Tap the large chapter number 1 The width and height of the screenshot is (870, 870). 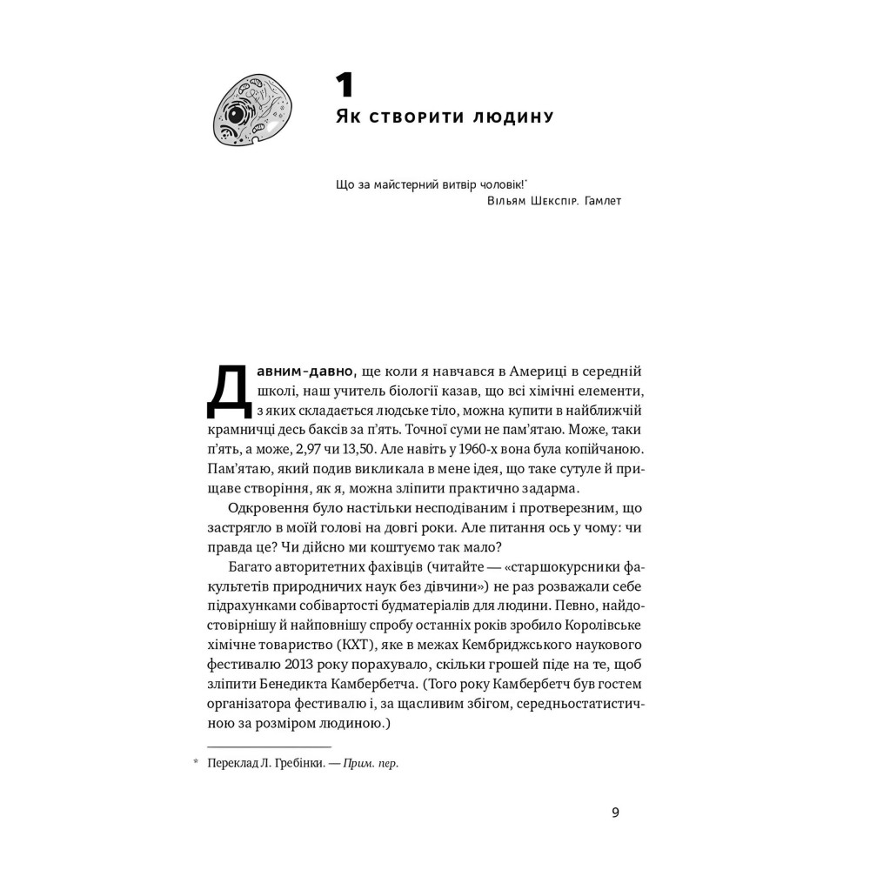(x=345, y=85)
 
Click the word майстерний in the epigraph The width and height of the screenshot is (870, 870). (x=406, y=184)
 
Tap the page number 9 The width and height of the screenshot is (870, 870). (x=615, y=813)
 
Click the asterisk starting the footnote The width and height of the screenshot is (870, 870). (x=196, y=764)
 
